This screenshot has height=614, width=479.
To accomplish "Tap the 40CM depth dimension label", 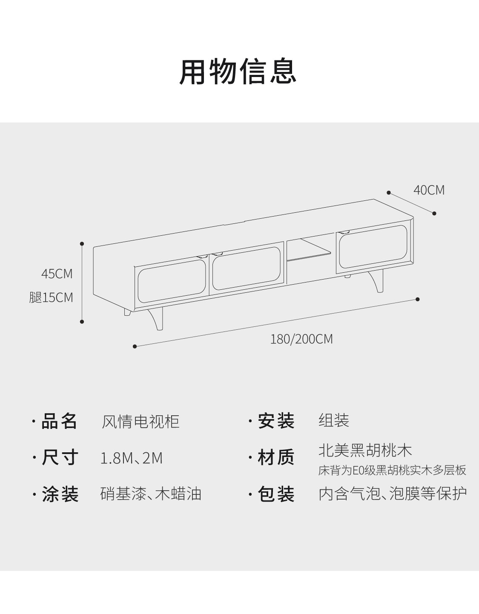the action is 429,190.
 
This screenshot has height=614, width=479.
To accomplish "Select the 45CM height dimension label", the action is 57,274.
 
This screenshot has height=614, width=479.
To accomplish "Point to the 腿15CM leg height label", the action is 51,297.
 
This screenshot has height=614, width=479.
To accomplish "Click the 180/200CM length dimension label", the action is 301,339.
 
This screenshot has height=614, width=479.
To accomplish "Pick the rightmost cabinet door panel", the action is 371,248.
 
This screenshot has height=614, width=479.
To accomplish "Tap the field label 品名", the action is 59,421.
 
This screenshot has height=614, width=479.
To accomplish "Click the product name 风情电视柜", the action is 140,422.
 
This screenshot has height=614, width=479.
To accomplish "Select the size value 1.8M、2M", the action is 131,458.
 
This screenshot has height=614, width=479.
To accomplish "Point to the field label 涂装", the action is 60,494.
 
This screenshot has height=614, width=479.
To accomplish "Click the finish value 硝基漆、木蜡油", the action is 151,494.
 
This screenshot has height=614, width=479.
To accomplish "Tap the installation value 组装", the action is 334,421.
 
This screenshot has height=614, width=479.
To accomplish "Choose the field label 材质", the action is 276,458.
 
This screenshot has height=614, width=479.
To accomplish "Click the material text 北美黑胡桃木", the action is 365,451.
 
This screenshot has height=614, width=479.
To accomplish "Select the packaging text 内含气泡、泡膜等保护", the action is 392,494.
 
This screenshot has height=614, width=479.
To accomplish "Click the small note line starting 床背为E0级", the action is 392,471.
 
